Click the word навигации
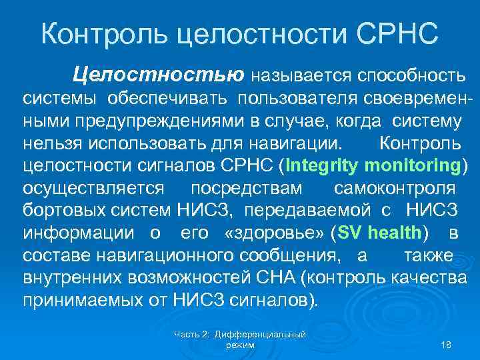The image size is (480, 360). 302,143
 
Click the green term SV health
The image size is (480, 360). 380,233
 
